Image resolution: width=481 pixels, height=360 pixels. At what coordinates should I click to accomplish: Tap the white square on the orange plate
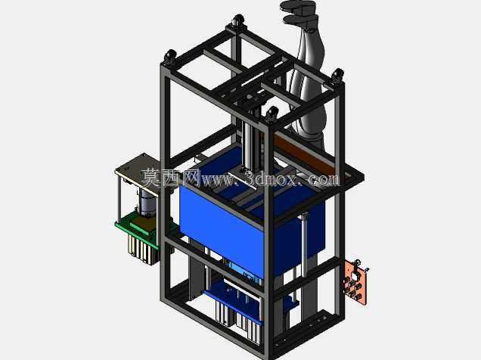[x=354, y=277]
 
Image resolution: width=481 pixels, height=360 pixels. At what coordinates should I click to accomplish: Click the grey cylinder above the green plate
[x=147, y=203]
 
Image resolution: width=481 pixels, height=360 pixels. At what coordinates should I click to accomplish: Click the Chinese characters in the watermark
[x=171, y=178]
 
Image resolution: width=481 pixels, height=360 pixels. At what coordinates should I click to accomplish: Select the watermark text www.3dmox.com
[x=270, y=178]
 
